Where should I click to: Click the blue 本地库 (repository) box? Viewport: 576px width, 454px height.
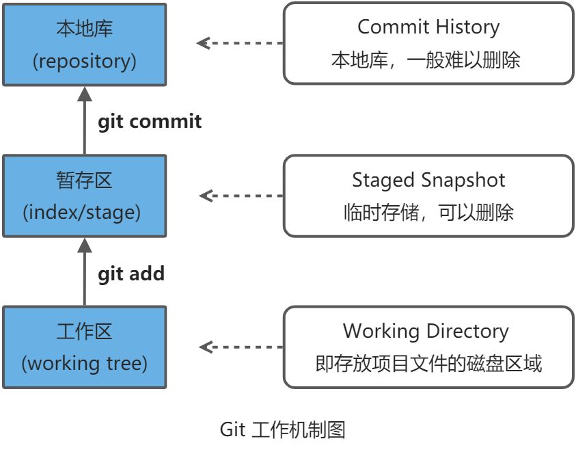click(x=84, y=44)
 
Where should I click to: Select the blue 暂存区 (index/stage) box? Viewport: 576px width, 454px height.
click(x=84, y=196)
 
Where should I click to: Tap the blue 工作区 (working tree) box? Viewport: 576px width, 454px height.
click(x=84, y=347)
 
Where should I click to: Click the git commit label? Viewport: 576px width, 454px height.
click(x=150, y=122)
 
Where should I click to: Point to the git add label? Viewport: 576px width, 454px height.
click(x=131, y=273)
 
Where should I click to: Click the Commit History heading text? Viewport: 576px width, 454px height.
click(x=428, y=27)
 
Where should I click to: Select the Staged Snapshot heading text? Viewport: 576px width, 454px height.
click(x=428, y=181)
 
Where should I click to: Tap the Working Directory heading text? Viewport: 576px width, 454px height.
click(x=426, y=332)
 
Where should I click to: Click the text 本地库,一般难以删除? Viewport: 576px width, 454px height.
click(x=426, y=60)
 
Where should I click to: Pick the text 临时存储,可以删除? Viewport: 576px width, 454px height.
click(x=428, y=213)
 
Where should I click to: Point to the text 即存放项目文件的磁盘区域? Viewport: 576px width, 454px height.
click(x=428, y=364)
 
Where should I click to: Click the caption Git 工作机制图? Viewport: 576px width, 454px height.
click(x=282, y=430)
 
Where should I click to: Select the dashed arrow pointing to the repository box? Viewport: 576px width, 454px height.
click(x=239, y=43)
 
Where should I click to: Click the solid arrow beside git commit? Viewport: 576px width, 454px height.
click(x=85, y=120)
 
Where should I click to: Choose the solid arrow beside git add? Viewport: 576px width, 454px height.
click(x=85, y=272)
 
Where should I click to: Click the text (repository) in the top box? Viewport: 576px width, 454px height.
click(x=84, y=62)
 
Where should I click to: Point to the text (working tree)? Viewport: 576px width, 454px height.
click(x=84, y=364)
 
